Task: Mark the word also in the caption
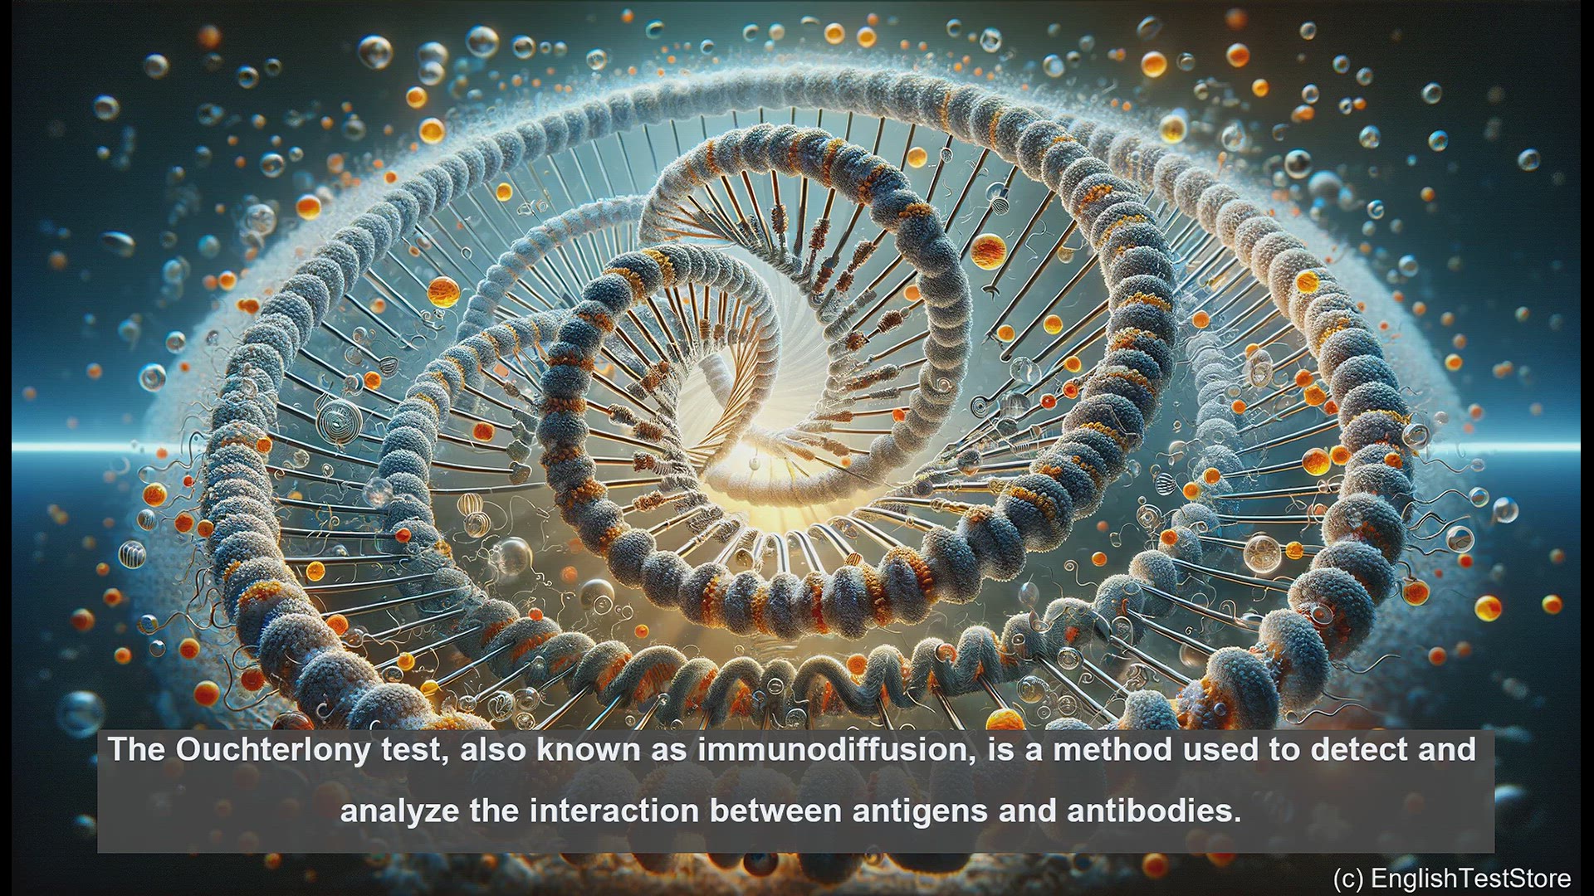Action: [x=492, y=749]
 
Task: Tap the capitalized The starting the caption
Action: [x=138, y=749]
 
